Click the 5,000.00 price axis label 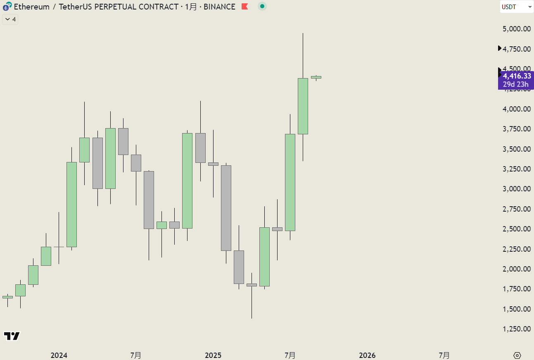[516, 29]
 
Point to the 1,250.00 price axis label [516, 329]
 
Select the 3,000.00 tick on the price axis [516, 189]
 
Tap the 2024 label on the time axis [59, 355]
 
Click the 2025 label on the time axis [214, 355]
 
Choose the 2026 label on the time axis [368, 355]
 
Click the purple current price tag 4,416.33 [516, 76]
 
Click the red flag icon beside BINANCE [245, 7]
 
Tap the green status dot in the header [262, 6]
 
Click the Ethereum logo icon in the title [6, 7]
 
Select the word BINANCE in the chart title [219, 7]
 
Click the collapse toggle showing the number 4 [10, 19]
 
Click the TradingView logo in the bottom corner [12, 336]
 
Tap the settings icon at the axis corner [517, 355]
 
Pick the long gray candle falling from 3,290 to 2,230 [226, 208]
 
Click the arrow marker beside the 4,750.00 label [500, 49]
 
